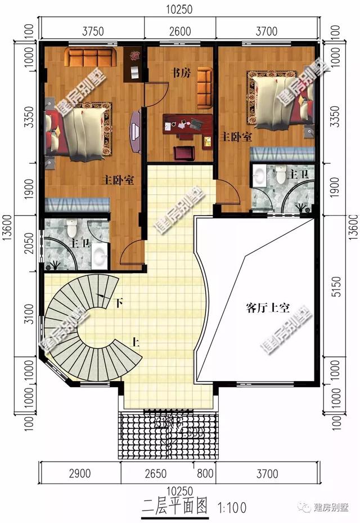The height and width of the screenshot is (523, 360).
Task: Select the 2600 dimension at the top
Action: [x=180, y=32]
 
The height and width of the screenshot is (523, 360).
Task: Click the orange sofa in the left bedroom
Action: [x=90, y=57]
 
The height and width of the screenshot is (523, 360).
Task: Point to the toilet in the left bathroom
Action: [x=71, y=229]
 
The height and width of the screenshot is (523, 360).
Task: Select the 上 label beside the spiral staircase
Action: [x=136, y=341]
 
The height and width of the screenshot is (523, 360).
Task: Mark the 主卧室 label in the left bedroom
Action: [x=118, y=181]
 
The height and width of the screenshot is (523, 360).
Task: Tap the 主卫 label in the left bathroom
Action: [x=78, y=244]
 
